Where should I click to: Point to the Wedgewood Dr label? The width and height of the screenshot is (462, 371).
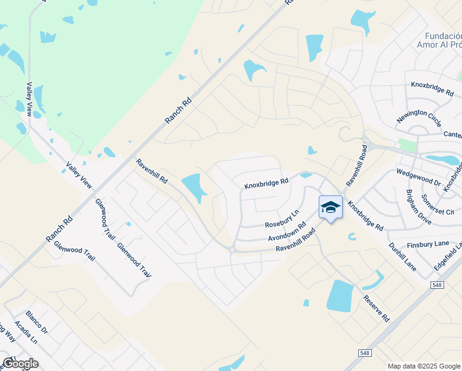click(x=418, y=179)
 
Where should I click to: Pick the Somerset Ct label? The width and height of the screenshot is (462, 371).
click(x=437, y=204)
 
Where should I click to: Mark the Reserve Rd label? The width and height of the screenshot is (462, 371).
click(x=376, y=307)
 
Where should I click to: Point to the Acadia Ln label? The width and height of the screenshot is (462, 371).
click(x=27, y=334)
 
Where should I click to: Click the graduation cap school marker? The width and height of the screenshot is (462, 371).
click(x=330, y=207)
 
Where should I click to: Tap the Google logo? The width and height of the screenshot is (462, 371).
click(x=20, y=364)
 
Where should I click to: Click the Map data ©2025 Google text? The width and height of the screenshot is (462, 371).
click(x=423, y=366)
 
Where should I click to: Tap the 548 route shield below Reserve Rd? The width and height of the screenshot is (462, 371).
click(x=366, y=352)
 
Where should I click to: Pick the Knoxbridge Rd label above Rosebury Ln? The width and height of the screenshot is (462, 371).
click(x=266, y=183)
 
